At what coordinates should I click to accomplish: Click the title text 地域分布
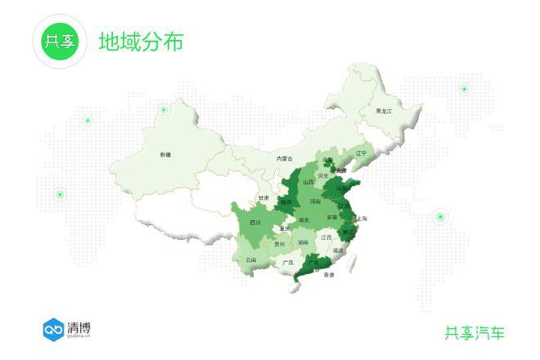point(141,41)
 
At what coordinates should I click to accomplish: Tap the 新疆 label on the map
point(166,155)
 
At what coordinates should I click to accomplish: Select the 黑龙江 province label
point(384,110)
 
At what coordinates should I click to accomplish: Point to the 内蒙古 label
point(284,158)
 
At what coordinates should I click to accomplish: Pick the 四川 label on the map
point(254,223)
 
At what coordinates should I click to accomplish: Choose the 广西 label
point(287,263)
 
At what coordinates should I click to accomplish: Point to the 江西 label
point(326,237)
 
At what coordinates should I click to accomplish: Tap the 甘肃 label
point(263,197)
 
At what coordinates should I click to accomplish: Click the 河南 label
point(315,200)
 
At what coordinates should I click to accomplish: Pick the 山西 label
point(308,182)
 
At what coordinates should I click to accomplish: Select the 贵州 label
point(280,244)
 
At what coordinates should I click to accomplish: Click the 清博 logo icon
point(53,329)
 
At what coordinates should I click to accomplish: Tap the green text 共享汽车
point(475,332)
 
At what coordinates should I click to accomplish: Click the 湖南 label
point(303,242)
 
